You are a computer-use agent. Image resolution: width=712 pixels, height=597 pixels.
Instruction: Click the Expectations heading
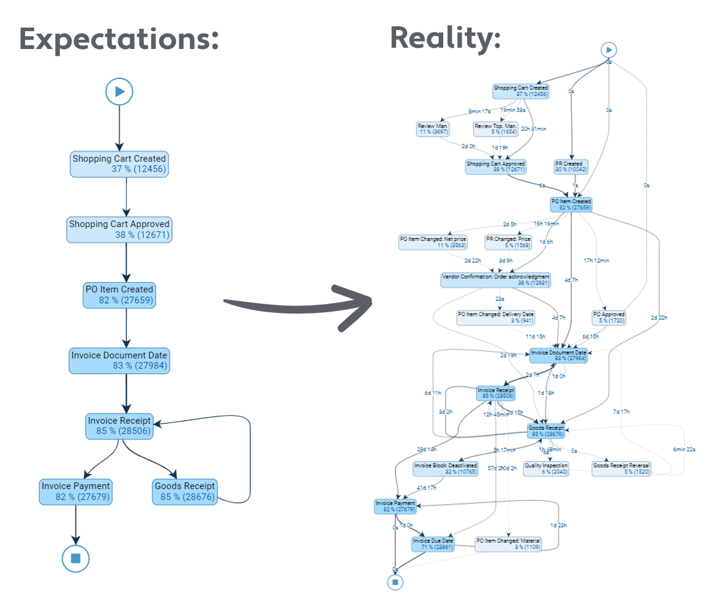click(x=119, y=39)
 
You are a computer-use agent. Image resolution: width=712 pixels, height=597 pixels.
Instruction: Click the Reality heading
click(x=445, y=37)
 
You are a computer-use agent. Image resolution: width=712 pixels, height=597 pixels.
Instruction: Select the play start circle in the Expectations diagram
click(x=119, y=92)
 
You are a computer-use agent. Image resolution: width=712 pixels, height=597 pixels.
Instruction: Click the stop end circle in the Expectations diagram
click(x=75, y=558)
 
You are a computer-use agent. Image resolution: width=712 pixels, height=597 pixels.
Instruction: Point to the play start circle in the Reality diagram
click(x=608, y=50)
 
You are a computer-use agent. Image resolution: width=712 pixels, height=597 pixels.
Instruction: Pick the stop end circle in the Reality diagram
click(x=395, y=582)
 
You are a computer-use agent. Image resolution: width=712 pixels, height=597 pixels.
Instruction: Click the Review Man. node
click(x=433, y=129)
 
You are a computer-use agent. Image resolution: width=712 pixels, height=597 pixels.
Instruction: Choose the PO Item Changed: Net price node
click(x=432, y=242)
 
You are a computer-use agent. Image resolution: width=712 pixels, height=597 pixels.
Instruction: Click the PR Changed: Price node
click(x=509, y=242)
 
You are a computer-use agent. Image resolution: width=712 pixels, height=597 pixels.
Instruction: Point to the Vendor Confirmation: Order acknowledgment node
click(x=496, y=280)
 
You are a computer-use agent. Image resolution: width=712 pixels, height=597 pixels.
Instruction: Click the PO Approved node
click(x=609, y=317)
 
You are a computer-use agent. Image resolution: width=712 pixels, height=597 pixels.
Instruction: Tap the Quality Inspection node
click(x=546, y=468)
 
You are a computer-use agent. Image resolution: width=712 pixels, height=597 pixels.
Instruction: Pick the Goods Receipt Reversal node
click(x=621, y=468)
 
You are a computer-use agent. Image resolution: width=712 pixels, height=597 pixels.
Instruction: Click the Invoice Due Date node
click(x=433, y=544)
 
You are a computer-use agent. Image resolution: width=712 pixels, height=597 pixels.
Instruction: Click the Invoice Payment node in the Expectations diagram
click(x=75, y=492)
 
